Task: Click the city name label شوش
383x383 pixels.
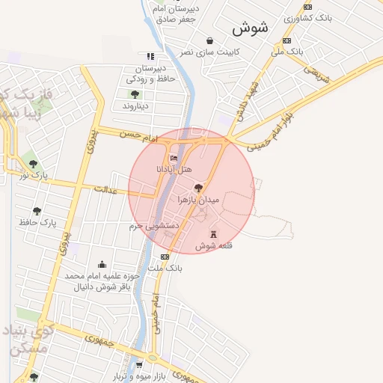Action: [x=250, y=28]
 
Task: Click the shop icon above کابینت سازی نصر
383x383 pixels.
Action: [x=209, y=40]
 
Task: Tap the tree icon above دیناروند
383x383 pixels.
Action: [x=135, y=94]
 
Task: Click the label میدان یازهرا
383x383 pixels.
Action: [x=198, y=200]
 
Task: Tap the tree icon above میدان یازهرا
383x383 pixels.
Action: [x=198, y=188]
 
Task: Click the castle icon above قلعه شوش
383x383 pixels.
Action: [x=212, y=233]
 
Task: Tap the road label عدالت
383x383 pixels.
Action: [x=107, y=190]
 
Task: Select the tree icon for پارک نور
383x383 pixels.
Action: [x=31, y=163]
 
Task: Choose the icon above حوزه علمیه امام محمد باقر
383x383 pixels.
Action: [x=102, y=265]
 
